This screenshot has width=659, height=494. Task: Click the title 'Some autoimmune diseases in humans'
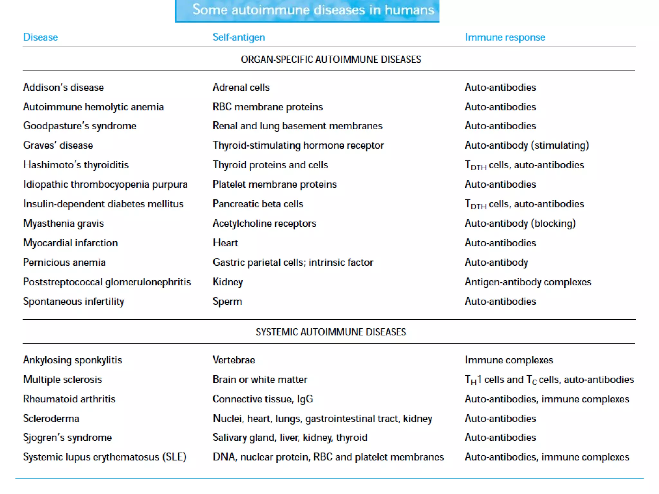click(x=313, y=10)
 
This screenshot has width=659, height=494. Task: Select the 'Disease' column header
click(x=41, y=37)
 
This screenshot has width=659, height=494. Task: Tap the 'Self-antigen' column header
click(x=239, y=37)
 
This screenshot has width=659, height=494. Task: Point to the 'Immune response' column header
click(x=505, y=37)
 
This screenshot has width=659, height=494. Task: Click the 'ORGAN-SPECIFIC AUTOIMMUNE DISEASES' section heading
click(x=331, y=59)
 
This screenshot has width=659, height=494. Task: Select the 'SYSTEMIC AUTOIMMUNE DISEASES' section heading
click(x=331, y=332)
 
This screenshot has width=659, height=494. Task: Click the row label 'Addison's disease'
click(x=63, y=87)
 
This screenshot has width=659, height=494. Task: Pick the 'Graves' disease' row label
click(x=58, y=145)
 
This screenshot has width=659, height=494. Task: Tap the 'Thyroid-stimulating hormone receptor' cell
click(x=298, y=145)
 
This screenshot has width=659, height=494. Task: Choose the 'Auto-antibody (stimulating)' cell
click(x=527, y=145)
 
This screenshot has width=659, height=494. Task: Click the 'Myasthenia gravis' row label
click(x=63, y=224)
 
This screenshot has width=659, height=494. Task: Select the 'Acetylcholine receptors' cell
click(x=264, y=224)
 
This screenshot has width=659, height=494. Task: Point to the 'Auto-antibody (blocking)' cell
click(x=520, y=224)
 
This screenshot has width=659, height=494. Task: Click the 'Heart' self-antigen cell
click(x=225, y=243)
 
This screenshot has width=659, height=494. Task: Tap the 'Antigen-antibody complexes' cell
click(x=528, y=282)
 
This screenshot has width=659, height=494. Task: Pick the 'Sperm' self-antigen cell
click(x=227, y=302)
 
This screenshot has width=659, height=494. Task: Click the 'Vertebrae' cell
click(x=234, y=360)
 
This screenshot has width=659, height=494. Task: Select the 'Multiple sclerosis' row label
click(x=62, y=380)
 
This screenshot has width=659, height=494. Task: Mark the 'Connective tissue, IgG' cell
click(x=263, y=399)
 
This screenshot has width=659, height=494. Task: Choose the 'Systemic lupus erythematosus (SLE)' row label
click(x=105, y=457)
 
